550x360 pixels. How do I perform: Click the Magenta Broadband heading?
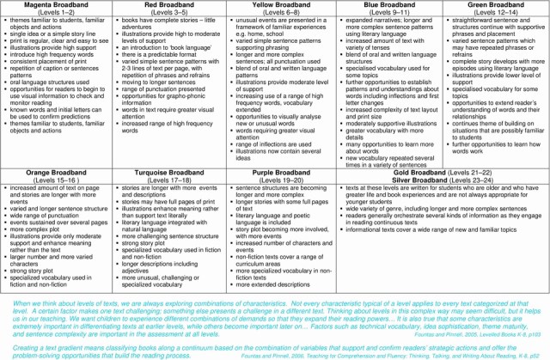coord(55,5)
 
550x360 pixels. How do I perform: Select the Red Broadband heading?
coord(164,5)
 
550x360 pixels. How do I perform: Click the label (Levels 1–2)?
coord(55,12)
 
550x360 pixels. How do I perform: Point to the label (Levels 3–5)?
coord(164,12)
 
